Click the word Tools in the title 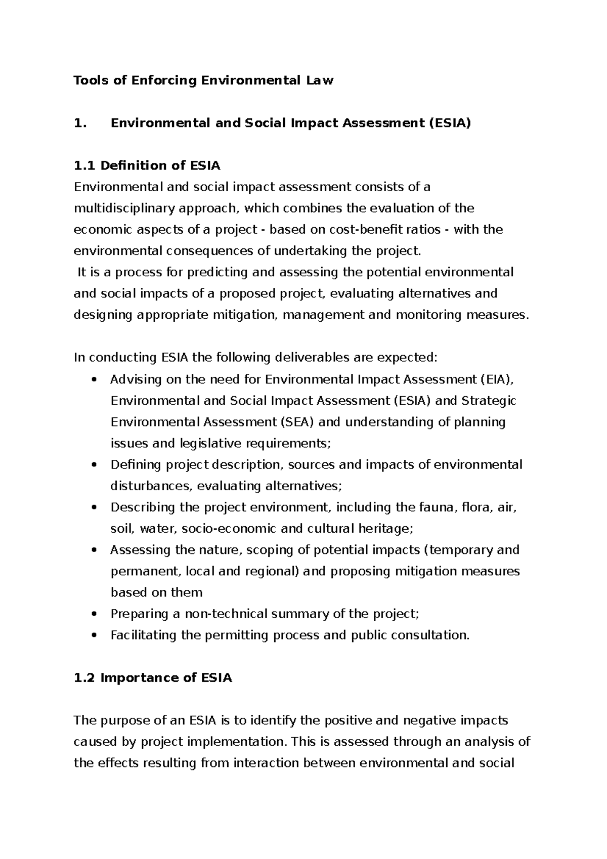pyautogui.click(x=92, y=80)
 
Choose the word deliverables pyautogui.click(x=312, y=358)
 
